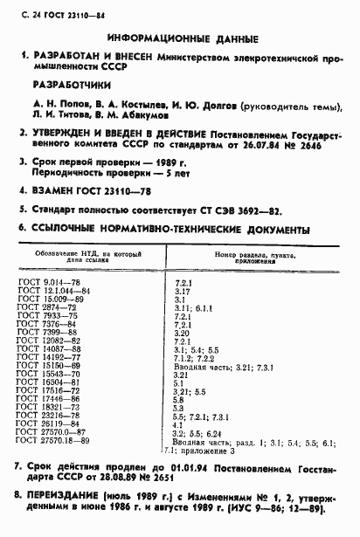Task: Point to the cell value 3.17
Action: point(183,292)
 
